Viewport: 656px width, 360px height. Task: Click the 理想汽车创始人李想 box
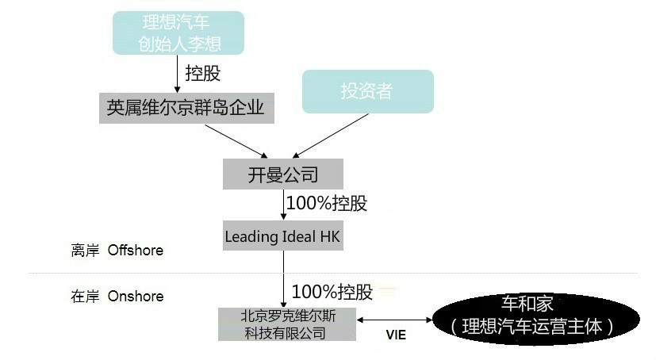tap(178, 33)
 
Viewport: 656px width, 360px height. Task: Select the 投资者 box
tap(368, 91)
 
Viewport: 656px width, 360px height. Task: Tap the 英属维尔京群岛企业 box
tap(186, 108)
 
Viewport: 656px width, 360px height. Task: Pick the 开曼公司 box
tap(283, 174)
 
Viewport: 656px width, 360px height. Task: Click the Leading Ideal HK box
tap(283, 236)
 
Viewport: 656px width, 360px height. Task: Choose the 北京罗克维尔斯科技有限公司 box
tap(287, 324)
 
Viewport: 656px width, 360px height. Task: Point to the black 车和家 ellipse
tap(536, 320)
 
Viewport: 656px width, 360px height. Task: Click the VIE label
tap(396, 335)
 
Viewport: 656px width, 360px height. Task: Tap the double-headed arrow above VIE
tap(394, 320)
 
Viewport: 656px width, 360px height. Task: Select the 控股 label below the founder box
tap(203, 73)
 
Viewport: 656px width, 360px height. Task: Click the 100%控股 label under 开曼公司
tap(327, 204)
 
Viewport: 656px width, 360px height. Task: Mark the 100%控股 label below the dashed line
tap(332, 292)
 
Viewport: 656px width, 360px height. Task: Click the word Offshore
tap(136, 250)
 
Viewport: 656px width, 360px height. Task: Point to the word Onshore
tap(136, 296)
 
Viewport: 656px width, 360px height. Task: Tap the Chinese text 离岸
tap(86, 251)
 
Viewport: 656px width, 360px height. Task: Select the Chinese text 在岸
tap(86, 297)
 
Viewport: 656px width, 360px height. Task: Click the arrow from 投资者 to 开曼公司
tap(331, 136)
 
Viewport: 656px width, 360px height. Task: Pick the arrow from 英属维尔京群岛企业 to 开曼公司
tap(236, 141)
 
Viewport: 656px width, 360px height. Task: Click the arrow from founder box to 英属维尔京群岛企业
tap(177, 74)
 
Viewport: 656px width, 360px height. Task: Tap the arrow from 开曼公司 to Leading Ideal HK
tap(283, 205)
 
